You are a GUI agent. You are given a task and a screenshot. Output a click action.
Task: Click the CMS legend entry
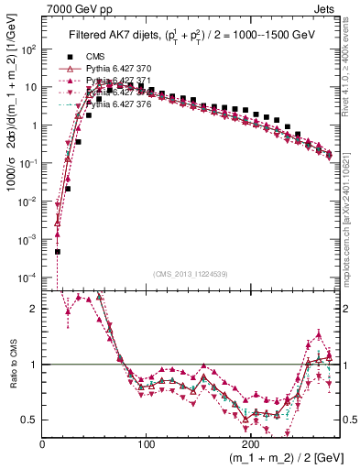[x=83, y=57]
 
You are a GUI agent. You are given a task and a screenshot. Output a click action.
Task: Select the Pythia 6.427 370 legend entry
[x=108, y=69]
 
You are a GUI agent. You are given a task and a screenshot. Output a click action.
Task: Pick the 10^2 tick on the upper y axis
[x=30, y=49]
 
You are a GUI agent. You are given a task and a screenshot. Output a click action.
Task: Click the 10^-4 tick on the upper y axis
[x=30, y=277]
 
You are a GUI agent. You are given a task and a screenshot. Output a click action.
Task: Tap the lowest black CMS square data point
[x=58, y=251]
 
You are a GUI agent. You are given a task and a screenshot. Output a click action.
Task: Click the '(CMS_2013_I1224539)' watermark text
[x=191, y=272]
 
